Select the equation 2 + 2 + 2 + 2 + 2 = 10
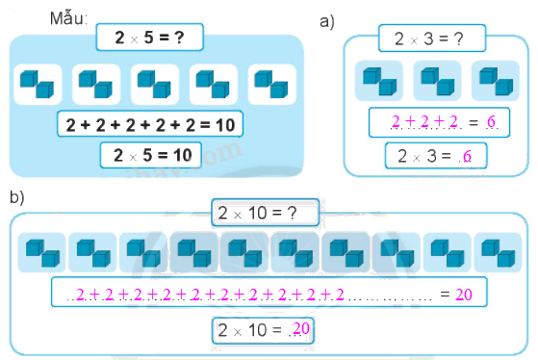tap(149, 124)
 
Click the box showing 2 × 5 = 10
tap(149, 154)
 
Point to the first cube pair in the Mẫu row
tap(38, 85)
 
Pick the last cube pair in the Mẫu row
tap(270, 85)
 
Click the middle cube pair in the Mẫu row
tap(154, 85)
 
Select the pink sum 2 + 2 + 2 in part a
tap(423, 121)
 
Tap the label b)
tap(16, 196)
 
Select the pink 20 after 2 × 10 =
tap(300, 330)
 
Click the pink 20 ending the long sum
tap(463, 293)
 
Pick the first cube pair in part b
tap(41, 252)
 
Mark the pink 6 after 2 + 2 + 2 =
tap(491, 122)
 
